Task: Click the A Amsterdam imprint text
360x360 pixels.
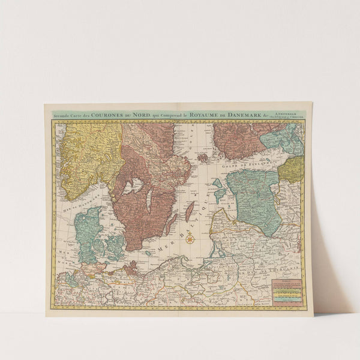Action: [286, 111]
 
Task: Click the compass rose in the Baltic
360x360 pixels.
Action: [190, 239]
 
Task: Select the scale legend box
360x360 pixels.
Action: [287, 292]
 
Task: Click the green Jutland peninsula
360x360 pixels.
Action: [87, 231]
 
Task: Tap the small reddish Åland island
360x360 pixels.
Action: [202, 157]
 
